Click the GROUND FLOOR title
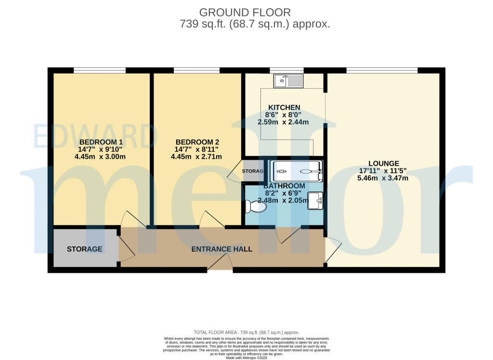245,13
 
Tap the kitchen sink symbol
288,80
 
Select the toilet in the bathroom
256,207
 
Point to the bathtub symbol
297,171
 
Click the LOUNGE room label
383,163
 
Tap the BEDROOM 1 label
101,142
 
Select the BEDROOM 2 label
197,142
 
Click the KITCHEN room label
284,107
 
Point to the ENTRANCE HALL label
222,249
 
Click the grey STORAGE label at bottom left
85,249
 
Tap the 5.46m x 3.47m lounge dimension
383,178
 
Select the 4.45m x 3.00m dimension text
101,157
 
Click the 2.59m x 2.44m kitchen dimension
284,122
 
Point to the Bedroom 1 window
100,70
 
